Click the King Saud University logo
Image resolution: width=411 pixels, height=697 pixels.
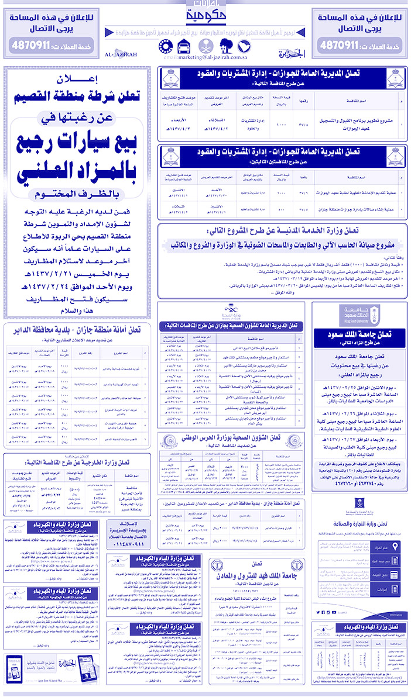pyautogui.click(x=361, y=316)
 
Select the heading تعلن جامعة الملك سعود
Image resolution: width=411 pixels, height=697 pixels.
pyautogui.click(x=361, y=334)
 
